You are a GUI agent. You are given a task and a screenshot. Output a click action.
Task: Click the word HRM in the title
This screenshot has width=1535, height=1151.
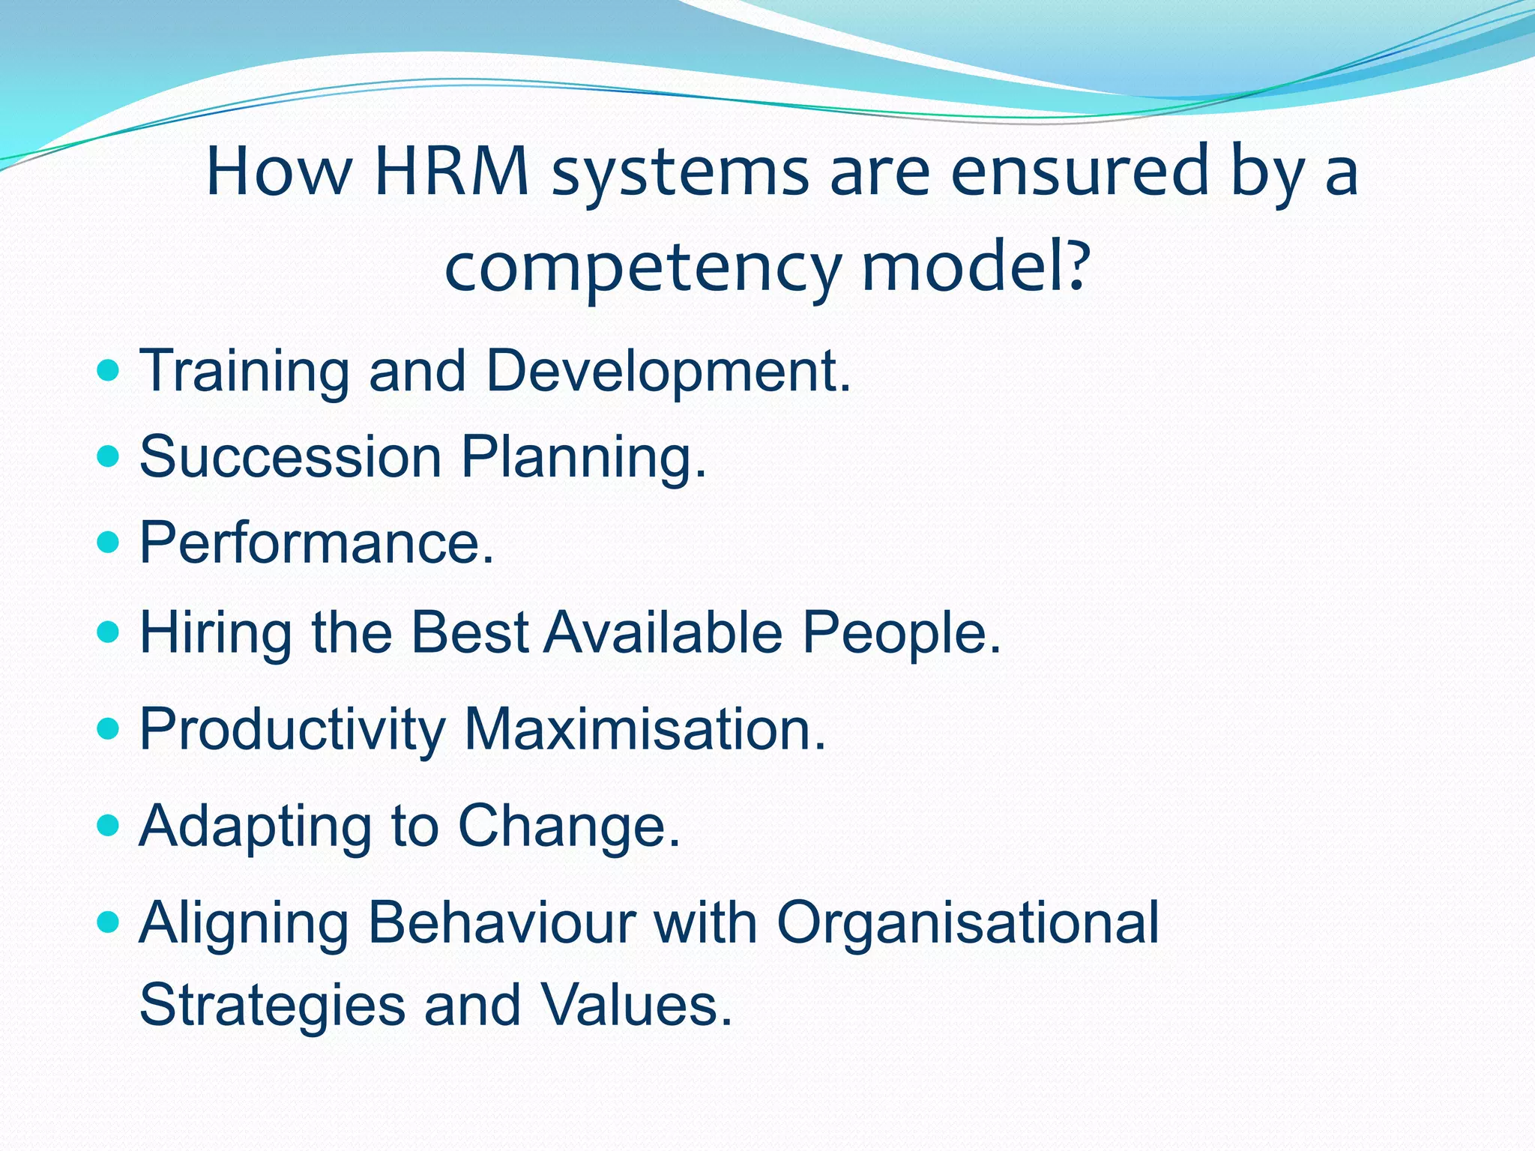coord(452,172)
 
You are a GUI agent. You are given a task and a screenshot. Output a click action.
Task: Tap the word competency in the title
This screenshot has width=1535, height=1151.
coord(643,270)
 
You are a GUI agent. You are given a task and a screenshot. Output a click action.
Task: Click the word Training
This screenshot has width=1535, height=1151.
coord(244,372)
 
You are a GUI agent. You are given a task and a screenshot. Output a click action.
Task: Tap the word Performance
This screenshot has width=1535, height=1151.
coord(316,542)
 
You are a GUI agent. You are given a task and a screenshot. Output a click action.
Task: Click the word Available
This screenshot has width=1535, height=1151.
coord(663,632)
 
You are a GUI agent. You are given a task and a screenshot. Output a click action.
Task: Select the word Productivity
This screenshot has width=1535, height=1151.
coord(292,729)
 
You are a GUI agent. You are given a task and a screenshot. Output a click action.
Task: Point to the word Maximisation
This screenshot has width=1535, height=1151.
coord(645,728)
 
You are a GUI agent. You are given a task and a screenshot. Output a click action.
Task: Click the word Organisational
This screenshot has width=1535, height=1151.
coord(967,923)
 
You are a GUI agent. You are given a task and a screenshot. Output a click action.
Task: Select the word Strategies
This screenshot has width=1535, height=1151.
coord(271,1006)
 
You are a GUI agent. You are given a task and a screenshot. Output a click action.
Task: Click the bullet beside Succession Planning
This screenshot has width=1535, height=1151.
coord(109,456)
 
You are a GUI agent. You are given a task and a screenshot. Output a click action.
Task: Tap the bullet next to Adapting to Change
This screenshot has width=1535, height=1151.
coord(109,825)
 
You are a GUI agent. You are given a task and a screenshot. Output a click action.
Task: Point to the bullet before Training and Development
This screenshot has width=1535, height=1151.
coord(109,370)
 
